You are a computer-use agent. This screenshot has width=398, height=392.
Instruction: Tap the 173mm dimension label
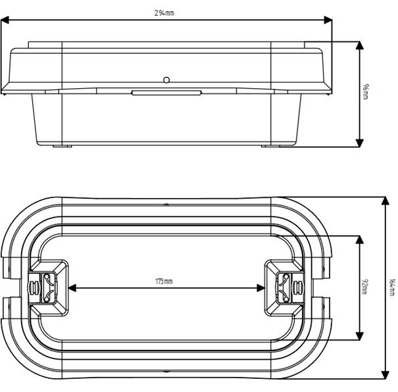click(164, 281)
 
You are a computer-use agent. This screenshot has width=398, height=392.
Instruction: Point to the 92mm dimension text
click(365, 287)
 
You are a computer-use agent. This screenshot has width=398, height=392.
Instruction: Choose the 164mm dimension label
click(392, 287)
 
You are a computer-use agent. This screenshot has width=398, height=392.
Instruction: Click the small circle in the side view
click(167, 80)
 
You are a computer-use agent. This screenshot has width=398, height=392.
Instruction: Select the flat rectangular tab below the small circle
click(166, 93)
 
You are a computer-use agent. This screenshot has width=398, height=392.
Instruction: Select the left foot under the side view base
click(63, 146)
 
